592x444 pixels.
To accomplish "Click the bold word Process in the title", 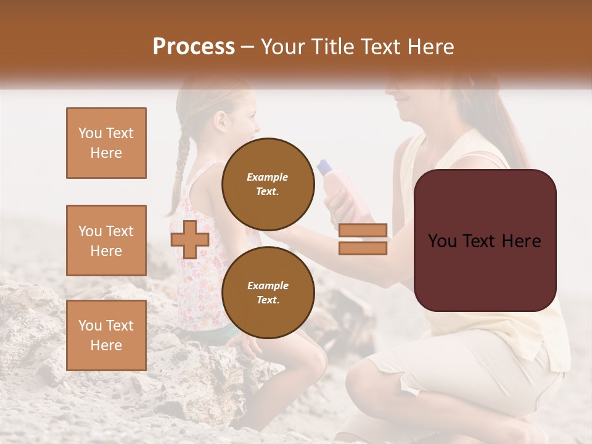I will coord(194,47).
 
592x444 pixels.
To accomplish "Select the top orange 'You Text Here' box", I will coord(106,143).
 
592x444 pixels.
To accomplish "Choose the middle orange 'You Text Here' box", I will coord(106,240).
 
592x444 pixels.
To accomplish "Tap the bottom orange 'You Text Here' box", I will coord(106,335).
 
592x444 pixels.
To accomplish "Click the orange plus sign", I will coord(190,239).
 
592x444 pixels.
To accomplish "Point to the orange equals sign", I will coord(363,239).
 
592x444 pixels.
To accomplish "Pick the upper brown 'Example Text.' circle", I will coord(268,184).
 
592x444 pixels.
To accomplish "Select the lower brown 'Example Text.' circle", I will coord(268,292).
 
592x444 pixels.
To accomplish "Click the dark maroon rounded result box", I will coord(485,240).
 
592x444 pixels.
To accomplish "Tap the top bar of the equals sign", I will coord(363,231).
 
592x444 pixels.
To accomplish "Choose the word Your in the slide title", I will coord(283,47).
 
